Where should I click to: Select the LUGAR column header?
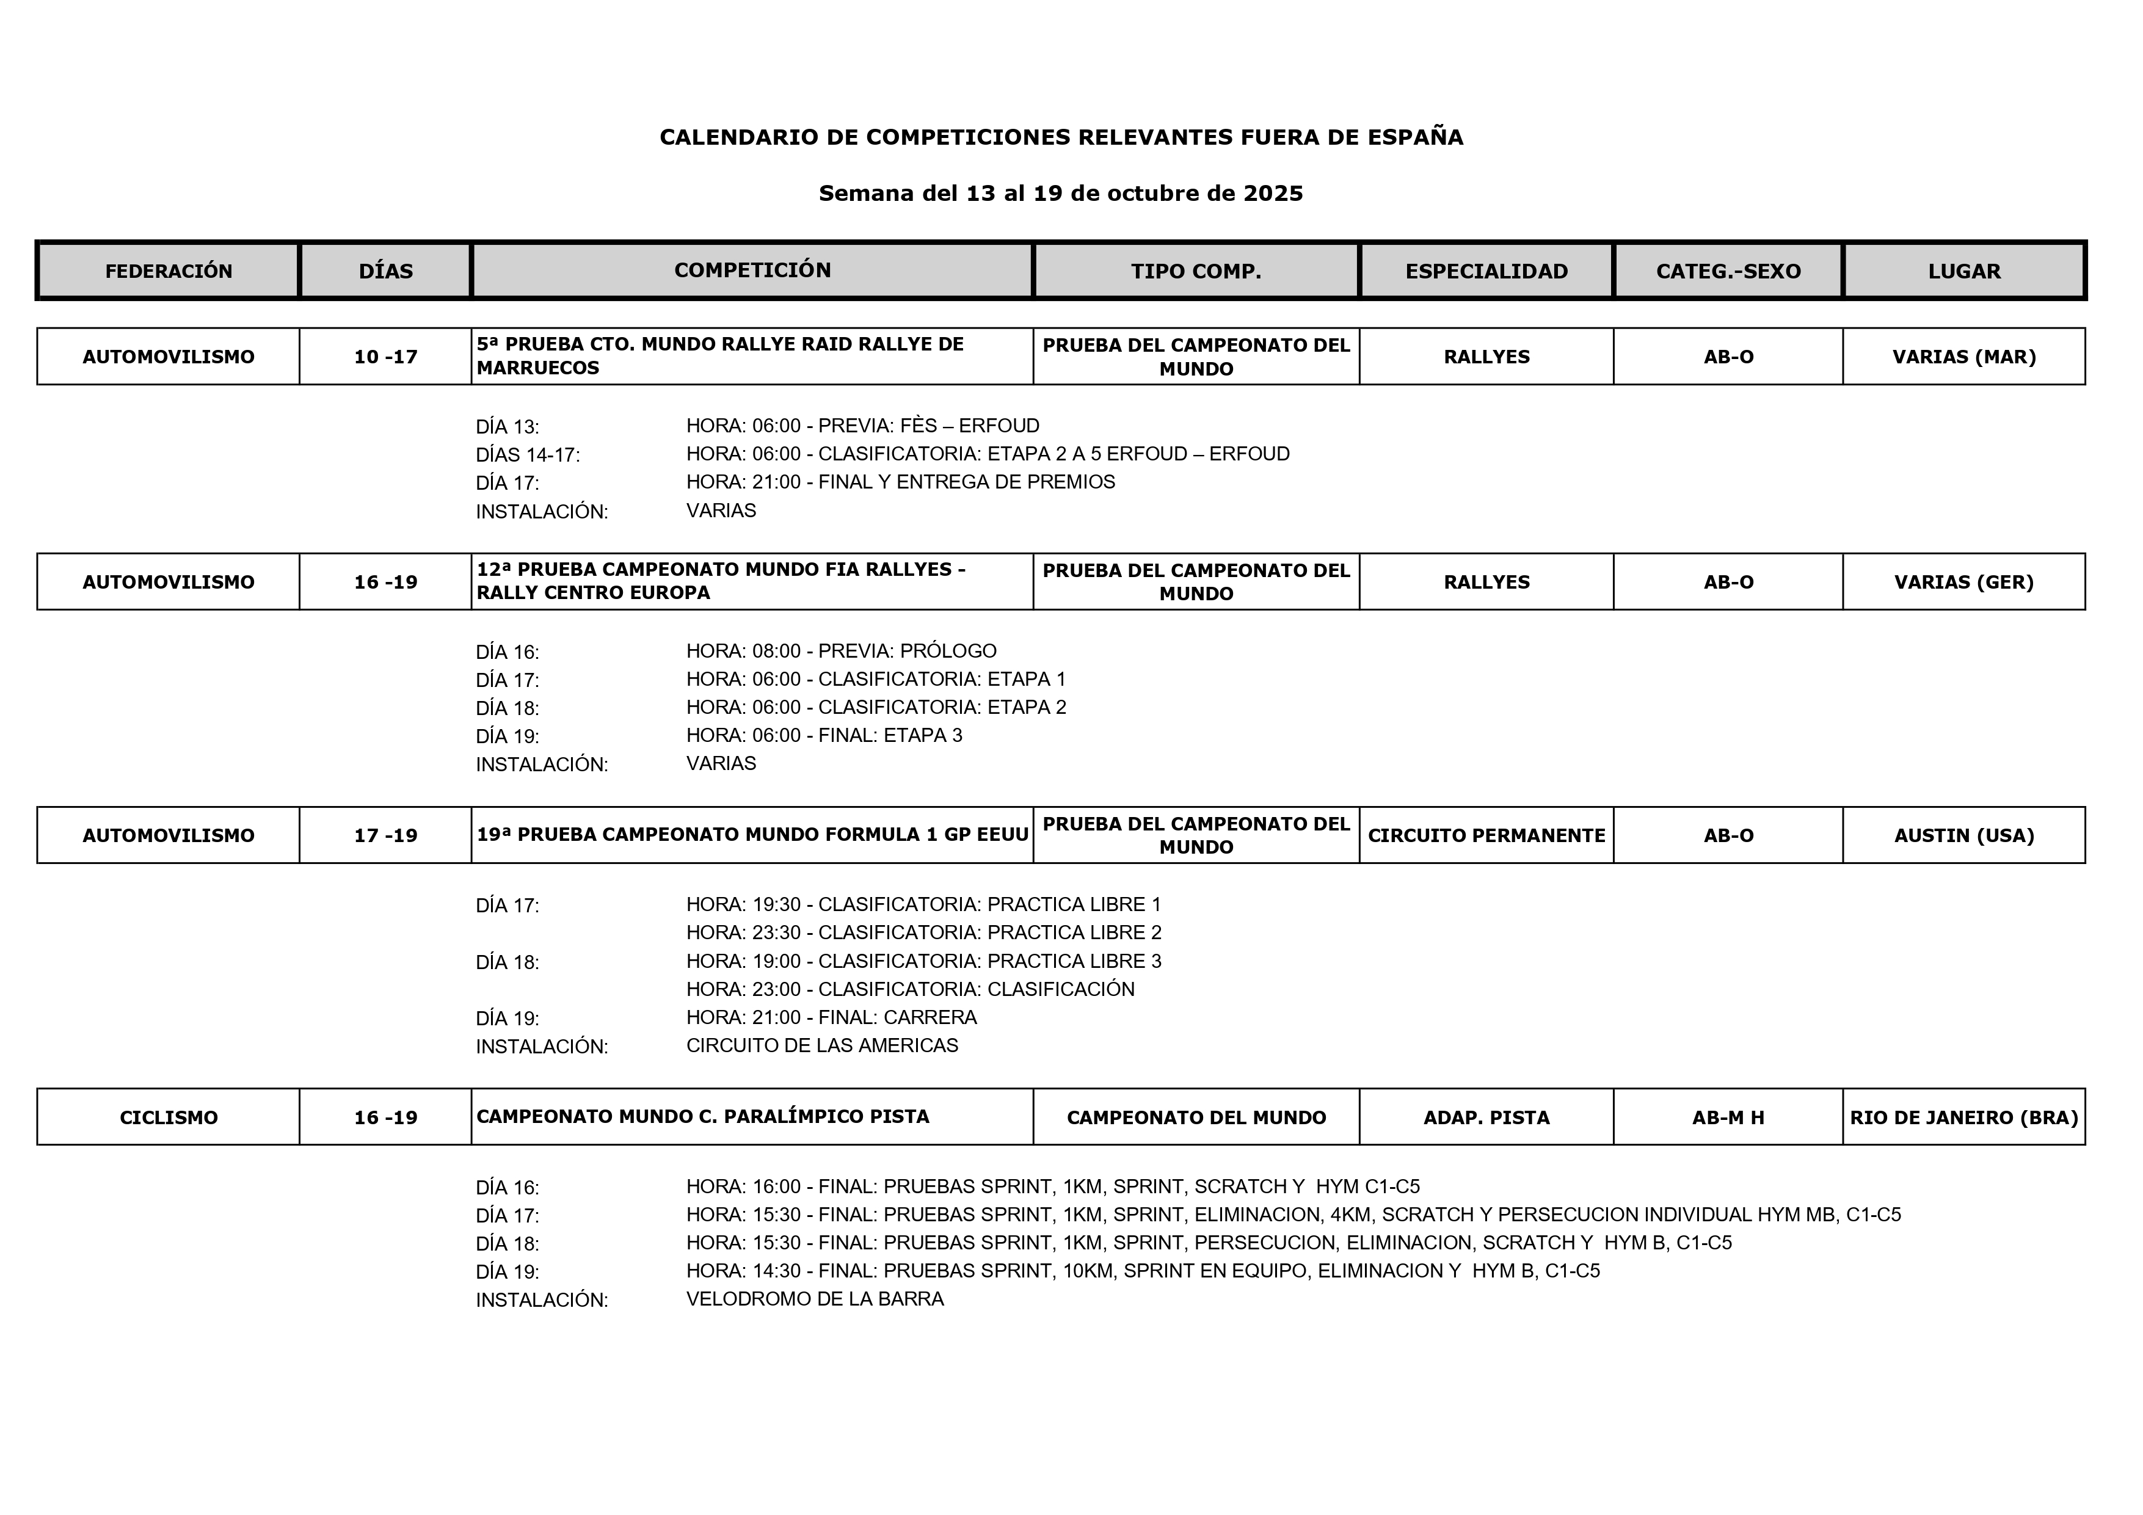(1964, 272)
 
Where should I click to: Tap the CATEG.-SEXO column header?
(1728, 272)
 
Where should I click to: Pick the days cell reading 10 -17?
(385, 357)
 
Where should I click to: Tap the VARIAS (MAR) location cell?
(1964, 357)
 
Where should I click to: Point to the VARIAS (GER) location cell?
(1964, 583)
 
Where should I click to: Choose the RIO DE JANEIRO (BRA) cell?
(1964, 1117)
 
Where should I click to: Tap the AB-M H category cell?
(1728, 1117)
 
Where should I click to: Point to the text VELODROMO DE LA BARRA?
(815, 1299)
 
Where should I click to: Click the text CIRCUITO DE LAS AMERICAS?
(821, 1045)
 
